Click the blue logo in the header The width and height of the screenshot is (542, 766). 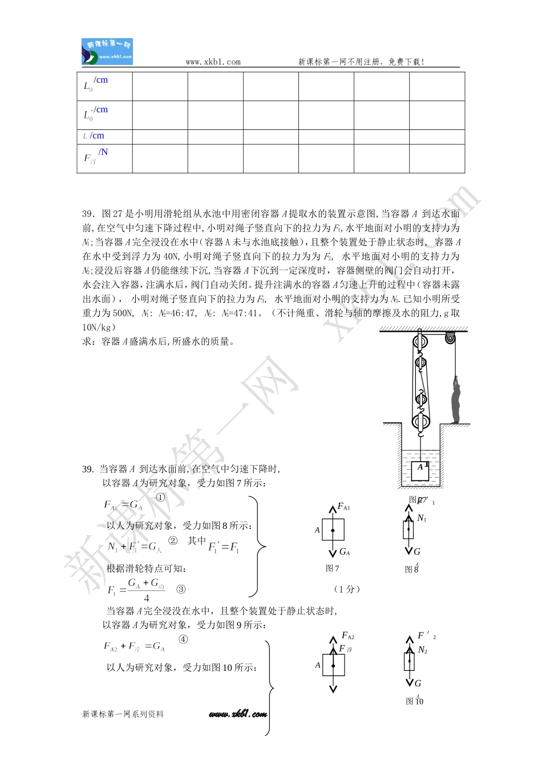click(x=107, y=52)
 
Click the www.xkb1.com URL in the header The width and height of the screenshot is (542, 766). click(x=213, y=62)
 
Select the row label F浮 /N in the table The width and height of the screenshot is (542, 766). click(x=95, y=156)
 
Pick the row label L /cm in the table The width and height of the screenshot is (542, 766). click(x=94, y=136)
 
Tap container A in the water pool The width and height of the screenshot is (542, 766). click(x=420, y=470)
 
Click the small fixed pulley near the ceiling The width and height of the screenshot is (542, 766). click(x=451, y=339)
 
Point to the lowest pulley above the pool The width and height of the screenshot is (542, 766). click(x=420, y=423)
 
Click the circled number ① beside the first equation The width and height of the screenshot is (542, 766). click(x=160, y=497)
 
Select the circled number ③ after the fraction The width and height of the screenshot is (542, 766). click(x=181, y=589)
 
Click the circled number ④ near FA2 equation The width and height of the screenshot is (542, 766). click(x=183, y=639)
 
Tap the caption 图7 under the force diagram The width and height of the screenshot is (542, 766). click(x=332, y=568)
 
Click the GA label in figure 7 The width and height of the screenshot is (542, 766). click(x=345, y=552)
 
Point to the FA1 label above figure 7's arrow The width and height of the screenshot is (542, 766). click(x=343, y=506)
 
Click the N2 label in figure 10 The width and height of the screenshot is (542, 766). click(x=422, y=650)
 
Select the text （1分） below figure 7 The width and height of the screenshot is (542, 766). click(x=347, y=589)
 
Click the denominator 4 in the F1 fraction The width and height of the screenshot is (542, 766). click(x=147, y=598)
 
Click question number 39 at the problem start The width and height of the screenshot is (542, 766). click(x=88, y=214)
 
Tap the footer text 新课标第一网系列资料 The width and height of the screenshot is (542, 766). click(x=123, y=714)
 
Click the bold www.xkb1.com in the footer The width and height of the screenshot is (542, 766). click(x=237, y=714)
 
